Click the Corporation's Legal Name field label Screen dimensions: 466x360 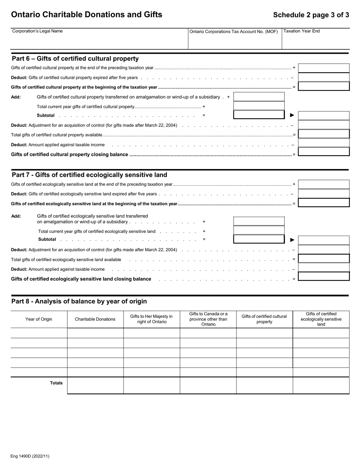[x=37, y=31]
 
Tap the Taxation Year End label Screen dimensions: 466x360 [x=302, y=31]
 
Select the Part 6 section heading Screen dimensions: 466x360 [x=75, y=59]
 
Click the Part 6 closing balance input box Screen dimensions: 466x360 [x=324, y=152]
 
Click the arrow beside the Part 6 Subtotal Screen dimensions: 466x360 [x=292, y=115]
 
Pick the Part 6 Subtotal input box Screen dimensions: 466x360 [x=259, y=115]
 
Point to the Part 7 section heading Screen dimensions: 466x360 [x=89, y=175]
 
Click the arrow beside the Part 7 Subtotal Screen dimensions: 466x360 [x=292, y=239]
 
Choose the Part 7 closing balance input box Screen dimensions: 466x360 [x=324, y=276]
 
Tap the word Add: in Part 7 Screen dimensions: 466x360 [x=16, y=216]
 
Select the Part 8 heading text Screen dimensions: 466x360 [x=79, y=302]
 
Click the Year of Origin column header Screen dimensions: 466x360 [x=39, y=319]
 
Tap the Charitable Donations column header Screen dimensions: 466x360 [x=95, y=319]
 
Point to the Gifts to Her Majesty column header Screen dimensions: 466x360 [x=151, y=319]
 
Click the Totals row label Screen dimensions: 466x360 [x=56, y=383]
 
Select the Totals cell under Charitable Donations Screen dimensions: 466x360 [x=95, y=385]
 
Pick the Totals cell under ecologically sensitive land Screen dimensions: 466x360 [x=321, y=385]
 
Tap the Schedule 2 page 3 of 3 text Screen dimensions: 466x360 [x=311, y=15]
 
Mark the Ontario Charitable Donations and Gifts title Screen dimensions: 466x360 [x=86, y=14]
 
